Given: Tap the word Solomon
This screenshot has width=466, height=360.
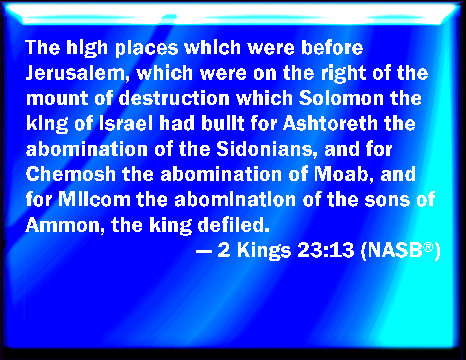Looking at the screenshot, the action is pyautogui.click(x=341, y=98).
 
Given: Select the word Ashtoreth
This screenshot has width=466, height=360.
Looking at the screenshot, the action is pyautogui.click(x=330, y=123).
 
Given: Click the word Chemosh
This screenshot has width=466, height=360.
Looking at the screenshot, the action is pyautogui.click(x=71, y=174).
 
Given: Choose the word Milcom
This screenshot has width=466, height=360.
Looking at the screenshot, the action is pyautogui.click(x=95, y=199).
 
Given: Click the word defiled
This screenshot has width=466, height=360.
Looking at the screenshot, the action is pyautogui.click(x=233, y=224).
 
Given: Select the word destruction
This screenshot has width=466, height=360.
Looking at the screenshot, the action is pyautogui.click(x=174, y=98).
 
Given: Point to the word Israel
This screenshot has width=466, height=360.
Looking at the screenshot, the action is pyautogui.click(x=126, y=123).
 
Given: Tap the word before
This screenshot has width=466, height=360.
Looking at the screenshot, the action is pyautogui.click(x=332, y=47).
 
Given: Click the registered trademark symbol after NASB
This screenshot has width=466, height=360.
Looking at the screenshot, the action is pyautogui.click(x=428, y=246).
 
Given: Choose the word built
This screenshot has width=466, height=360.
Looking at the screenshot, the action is pyautogui.click(x=223, y=123).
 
